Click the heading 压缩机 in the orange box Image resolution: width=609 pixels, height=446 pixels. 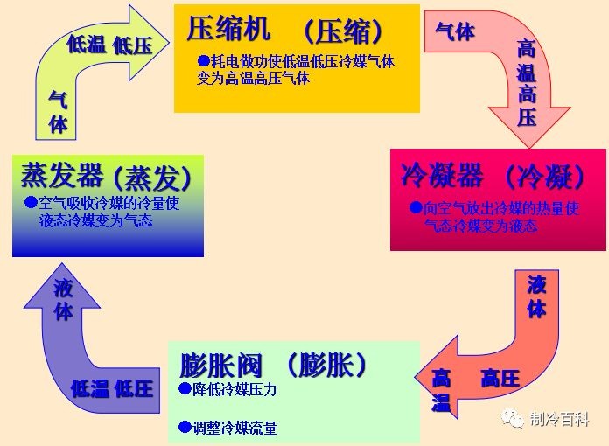(228, 28)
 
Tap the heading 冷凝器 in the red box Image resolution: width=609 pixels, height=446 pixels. (443, 175)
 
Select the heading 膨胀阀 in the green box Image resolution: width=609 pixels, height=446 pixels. (221, 365)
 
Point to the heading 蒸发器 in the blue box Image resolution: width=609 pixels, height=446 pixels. (62, 175)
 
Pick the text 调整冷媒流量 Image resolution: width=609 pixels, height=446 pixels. (234, 428)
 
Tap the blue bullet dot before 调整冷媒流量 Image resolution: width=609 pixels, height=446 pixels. (185, 427)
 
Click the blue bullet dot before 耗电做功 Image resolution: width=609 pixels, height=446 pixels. (204, 60)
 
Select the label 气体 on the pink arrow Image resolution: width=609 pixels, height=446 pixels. (455, 31)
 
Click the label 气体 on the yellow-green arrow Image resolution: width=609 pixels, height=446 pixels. (59, 112)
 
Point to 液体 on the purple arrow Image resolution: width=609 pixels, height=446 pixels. (63, 300)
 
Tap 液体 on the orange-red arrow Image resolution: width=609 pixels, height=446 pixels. (536, 296)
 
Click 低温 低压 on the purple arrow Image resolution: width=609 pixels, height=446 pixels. (112, 388)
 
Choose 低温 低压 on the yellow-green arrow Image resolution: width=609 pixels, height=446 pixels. (109, 45)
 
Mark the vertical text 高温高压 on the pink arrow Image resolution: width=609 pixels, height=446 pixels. (527, 83)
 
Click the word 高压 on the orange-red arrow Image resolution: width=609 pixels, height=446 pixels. (500, 378)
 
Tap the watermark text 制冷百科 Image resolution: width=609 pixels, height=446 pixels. (560, 419)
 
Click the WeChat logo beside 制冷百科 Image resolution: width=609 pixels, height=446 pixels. (512, 418)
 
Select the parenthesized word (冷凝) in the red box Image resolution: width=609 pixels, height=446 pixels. (546, 176)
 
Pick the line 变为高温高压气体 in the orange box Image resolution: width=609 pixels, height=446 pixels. (253, 79)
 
